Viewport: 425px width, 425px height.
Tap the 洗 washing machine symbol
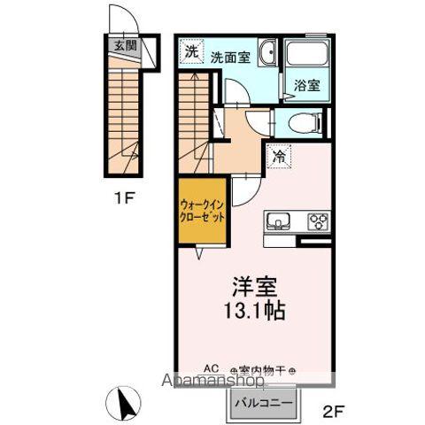pos(191,52)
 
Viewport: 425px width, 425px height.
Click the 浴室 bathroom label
pos(307,86)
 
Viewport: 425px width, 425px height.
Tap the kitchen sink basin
pos(275,220)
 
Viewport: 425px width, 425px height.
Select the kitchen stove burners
pos(317,220)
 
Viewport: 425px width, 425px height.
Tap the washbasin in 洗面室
pos(269,54)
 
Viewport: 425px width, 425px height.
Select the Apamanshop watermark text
pos(212,383)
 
